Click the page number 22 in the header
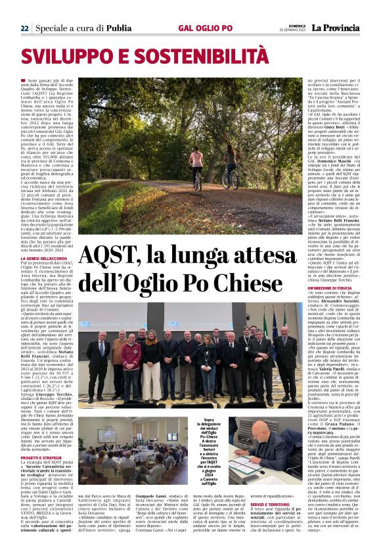[x=24, y=28]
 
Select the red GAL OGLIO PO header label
[x=205, y=28]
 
